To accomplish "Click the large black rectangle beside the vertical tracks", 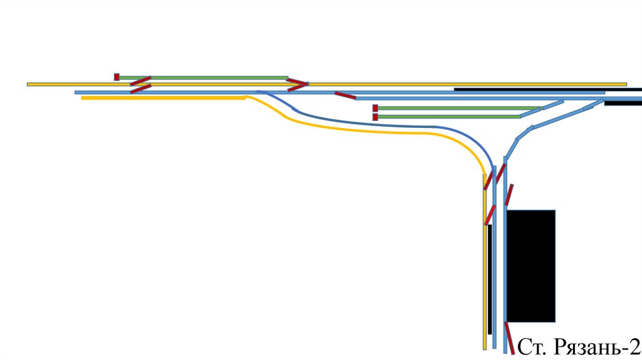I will point(530,266).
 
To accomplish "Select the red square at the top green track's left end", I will point(117,77).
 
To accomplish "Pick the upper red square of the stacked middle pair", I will point(375,108).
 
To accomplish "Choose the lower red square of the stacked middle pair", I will point(375,117).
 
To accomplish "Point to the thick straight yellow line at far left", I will point(163,98).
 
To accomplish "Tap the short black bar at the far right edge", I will point(623,103).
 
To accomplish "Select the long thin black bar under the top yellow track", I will point(539,89).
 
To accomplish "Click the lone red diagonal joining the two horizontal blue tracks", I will point(345,95).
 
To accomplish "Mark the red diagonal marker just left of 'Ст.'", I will point(510,338).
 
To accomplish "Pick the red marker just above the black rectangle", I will point(509,194).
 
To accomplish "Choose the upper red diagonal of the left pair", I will point(140,80).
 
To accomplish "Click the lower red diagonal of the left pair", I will point(140,88).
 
